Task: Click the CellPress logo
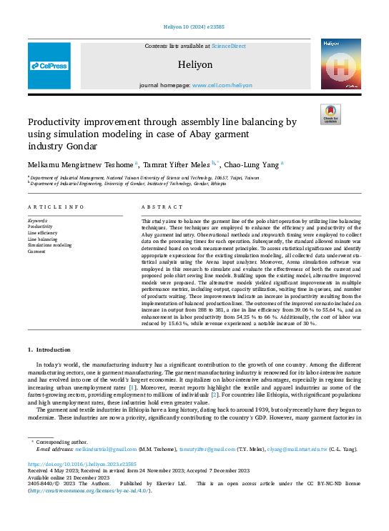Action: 49,66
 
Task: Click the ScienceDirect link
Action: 228,46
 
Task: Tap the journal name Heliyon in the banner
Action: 195,64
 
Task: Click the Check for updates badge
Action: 330,114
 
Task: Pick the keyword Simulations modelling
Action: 50,245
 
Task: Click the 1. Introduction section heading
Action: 50,349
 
